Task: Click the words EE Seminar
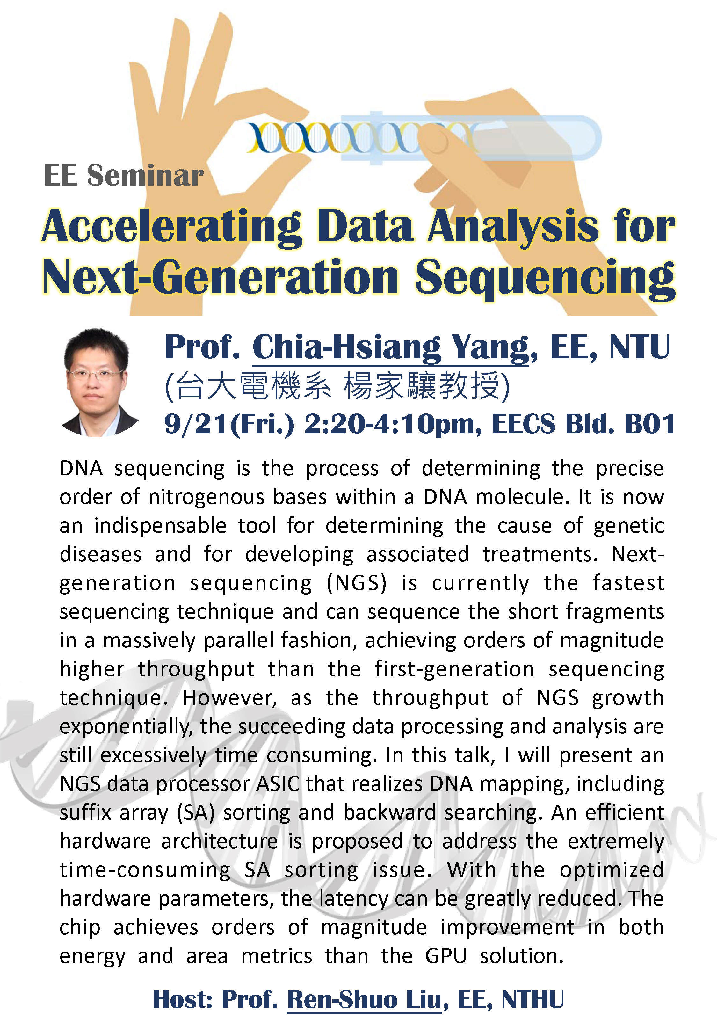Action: point(124,175)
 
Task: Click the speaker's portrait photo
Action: point(99,382)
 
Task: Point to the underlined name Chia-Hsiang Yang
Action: point(390,348)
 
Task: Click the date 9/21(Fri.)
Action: point(229,424)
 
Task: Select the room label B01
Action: point(650,423)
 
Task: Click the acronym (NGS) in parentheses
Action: point(356,583)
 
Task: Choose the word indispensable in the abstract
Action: point(160,526)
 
